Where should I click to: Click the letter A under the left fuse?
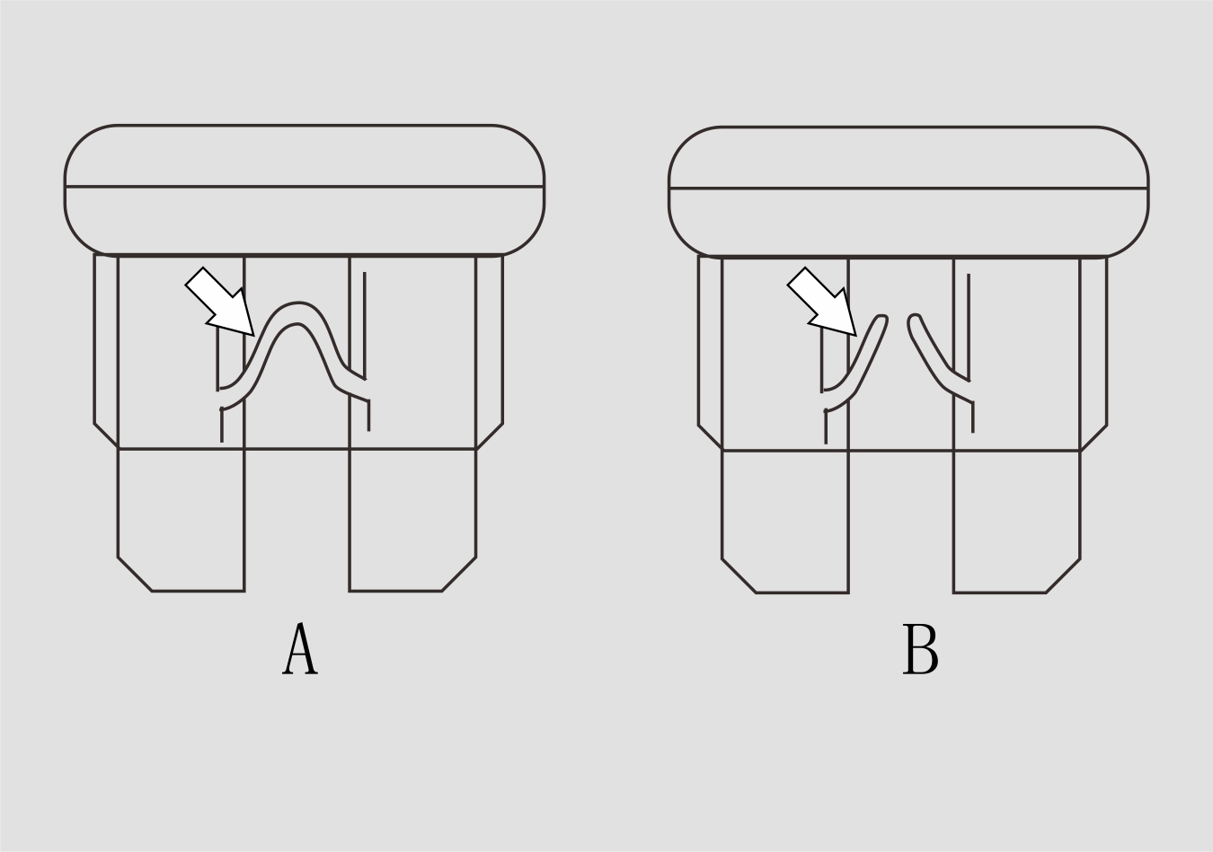pyautogui.click(x=299, y=648)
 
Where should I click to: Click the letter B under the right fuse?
pyautogui.click(x=920, y=649)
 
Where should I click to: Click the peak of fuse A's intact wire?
pyautogui.click(x=297, y=312)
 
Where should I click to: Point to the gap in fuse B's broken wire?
pyautogui.click(x=898, y=325)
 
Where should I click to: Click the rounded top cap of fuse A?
pyautogui.click(x=305, y=189)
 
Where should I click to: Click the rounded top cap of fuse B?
pyautogui.click(x=908, y=191)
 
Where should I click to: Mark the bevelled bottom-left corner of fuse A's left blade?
pyautogui.click(x=134, y=574)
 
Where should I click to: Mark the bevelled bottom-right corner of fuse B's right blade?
pyautogui.click(x=1064, y=576)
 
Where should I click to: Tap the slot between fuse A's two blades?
pyautogui.click(x=297, y=519)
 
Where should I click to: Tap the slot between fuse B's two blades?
pyautogui.click(x=901, y=521)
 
